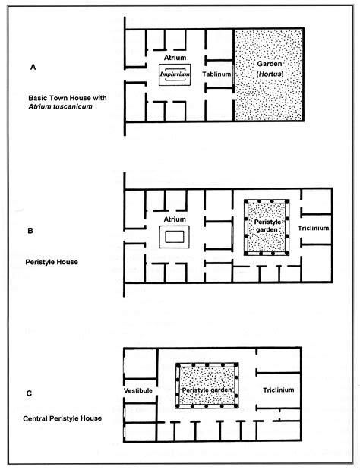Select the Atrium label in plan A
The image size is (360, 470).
[x=175, y=57]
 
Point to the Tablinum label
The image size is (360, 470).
[x=215, y=74]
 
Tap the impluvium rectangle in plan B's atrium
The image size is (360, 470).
[x=175, y=238]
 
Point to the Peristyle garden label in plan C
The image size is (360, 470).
[x=207, y=390]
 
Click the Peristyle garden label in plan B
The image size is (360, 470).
[x=267, y=222]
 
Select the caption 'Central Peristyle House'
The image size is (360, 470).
[x=58, y=417]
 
